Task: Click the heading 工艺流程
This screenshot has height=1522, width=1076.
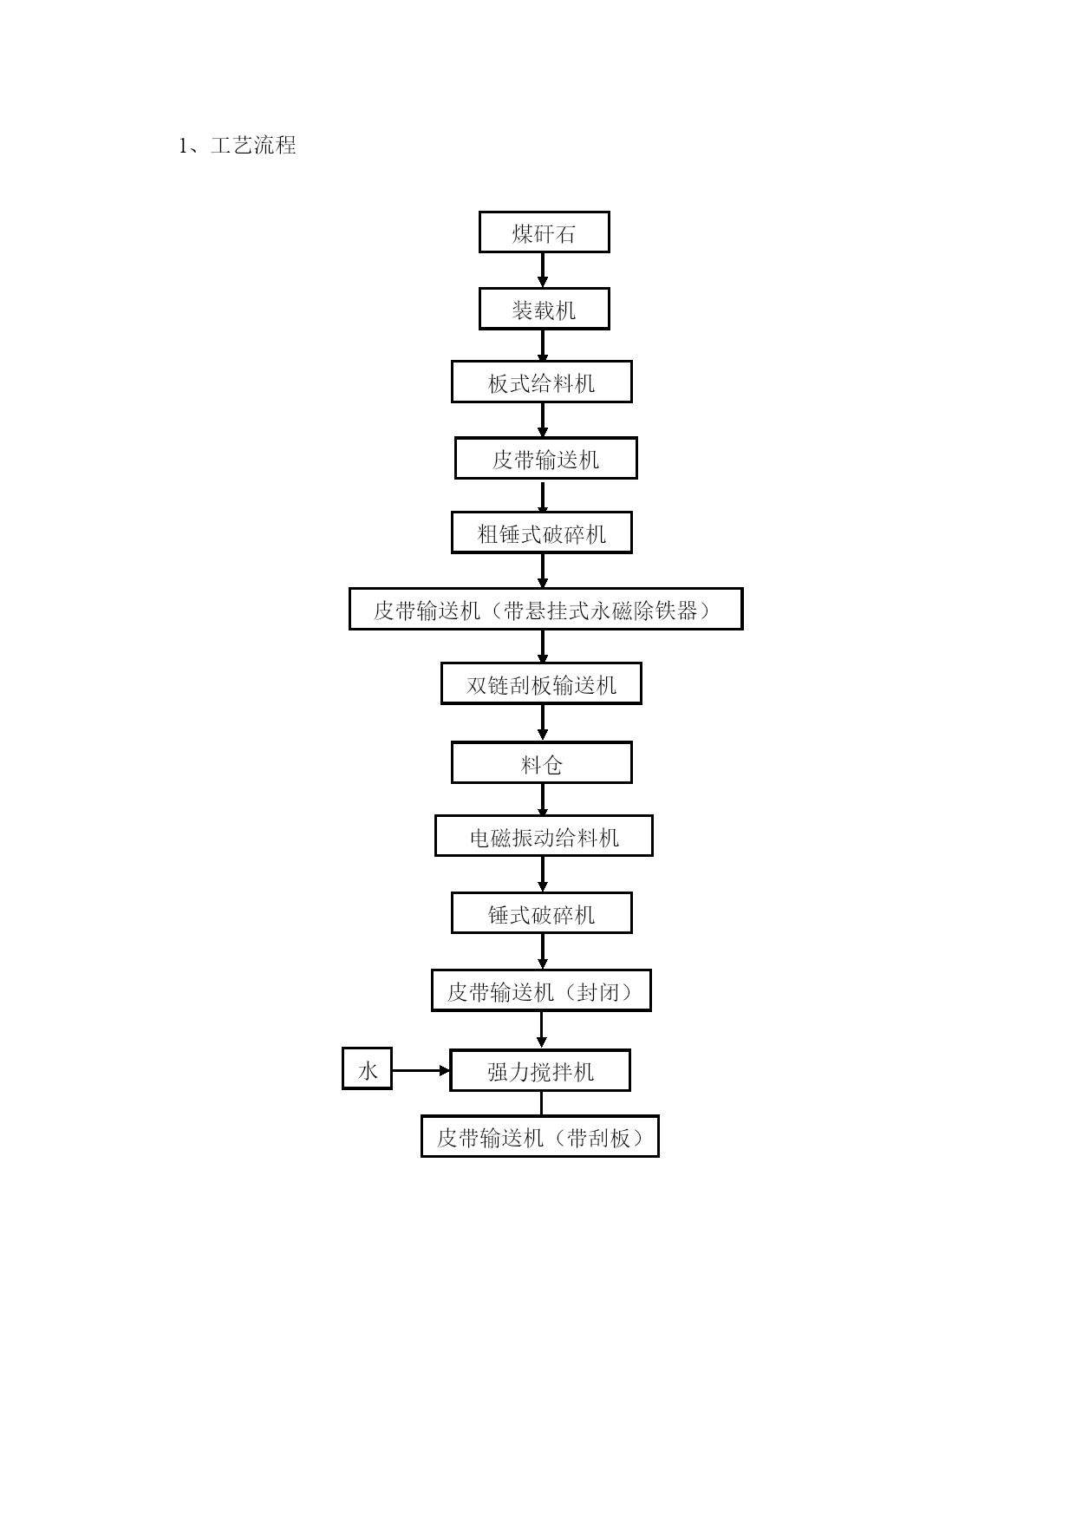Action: click(253, 146)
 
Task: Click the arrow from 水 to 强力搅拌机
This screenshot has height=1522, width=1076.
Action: click(421, 1071)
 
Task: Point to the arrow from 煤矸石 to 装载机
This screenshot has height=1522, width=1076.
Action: click(543, 271)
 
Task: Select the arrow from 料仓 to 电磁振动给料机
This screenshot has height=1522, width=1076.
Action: click(543, 800)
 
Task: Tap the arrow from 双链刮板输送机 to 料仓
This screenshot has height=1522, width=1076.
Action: click(543, 723)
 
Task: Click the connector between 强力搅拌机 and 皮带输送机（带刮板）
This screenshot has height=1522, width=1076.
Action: click(542, 1104)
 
